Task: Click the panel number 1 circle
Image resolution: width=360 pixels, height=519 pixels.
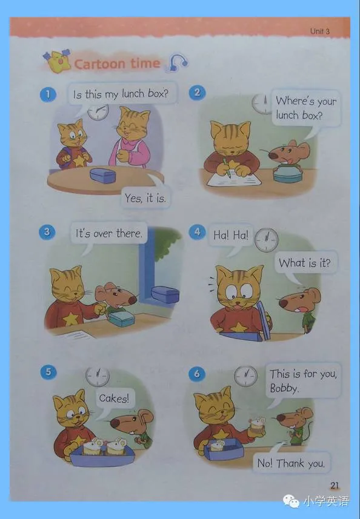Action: coord(48,94)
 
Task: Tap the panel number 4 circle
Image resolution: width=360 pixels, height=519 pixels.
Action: coord(197,232)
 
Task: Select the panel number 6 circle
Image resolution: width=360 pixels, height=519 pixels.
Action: coord(197,374)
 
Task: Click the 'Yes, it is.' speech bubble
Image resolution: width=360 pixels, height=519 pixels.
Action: coord(145,197)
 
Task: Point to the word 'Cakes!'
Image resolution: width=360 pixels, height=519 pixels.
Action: coord(113,398)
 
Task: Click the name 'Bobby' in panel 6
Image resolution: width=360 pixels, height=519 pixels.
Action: coord(283,388)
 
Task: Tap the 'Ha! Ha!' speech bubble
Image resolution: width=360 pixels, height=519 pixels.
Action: coord(230,235)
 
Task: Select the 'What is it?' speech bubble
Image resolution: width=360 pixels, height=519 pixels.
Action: coord(304,263)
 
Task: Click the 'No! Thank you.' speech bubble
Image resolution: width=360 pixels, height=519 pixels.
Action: coord(290,463)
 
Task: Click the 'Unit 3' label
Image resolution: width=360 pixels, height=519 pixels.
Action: coord(319,31)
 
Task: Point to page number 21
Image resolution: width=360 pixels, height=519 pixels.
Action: coord(335,485)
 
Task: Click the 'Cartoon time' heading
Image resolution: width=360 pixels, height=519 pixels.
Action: coord(117,63)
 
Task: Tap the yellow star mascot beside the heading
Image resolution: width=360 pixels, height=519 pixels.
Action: coord(58,61)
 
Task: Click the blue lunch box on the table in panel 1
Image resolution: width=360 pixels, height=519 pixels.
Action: coord(102,175)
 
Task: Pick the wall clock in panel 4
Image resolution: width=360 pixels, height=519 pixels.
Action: coord(266,240)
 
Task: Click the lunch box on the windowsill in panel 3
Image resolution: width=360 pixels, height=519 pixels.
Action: coord(165,294)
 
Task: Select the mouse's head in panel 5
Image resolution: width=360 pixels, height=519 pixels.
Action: coord(131,421)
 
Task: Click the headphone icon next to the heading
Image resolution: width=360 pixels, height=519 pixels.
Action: coord(178,62)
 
